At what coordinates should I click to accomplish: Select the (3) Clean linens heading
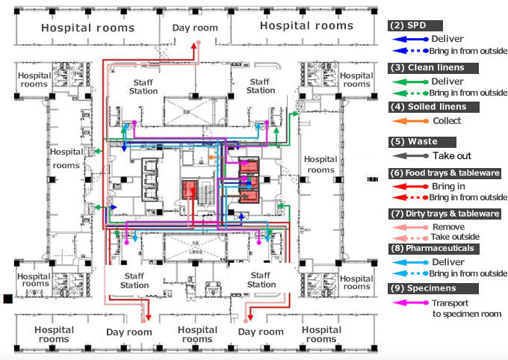coord(425,67)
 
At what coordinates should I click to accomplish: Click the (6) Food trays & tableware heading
coord(445,173)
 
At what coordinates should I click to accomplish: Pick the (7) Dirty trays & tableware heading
coord(446,213)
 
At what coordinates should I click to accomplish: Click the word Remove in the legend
coord(449,226)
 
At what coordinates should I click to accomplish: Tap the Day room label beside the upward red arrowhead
coord(195,28)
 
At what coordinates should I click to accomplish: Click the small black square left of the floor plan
coord(7,299)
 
